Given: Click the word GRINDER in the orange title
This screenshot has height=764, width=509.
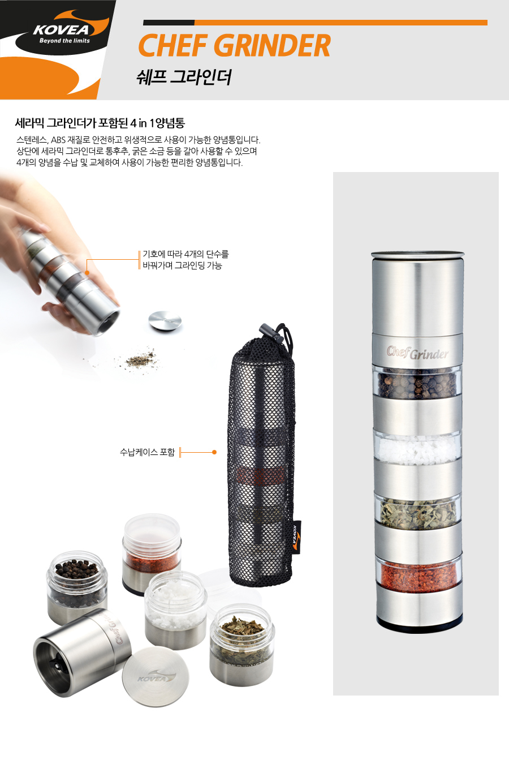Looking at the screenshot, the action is tap(273, 45).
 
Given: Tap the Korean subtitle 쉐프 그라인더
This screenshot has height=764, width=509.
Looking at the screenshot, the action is tap(184, 77).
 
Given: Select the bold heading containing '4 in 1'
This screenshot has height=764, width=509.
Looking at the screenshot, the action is tap(100, 123).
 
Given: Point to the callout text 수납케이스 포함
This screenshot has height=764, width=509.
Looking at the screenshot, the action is tap(147, 452).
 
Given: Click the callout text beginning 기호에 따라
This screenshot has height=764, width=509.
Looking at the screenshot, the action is tap(186, 260).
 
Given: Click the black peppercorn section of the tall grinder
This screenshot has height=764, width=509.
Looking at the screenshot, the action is tap(417, 383).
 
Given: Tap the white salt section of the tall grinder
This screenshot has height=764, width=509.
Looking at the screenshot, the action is tap(417, 449).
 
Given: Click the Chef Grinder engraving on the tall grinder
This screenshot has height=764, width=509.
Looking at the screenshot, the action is tap(417, 353).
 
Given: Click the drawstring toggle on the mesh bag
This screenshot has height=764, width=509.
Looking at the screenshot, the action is tap(271, 333).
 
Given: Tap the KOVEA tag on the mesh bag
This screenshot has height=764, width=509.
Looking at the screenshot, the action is tap(296, 537).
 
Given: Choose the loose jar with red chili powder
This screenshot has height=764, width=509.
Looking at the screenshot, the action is tap(152, 553).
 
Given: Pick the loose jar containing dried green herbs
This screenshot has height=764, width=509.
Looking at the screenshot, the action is tap(242, 645).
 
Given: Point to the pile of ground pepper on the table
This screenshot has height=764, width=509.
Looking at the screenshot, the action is tap(140, 359).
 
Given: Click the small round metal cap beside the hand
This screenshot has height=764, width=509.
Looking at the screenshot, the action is tap(165, 320).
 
